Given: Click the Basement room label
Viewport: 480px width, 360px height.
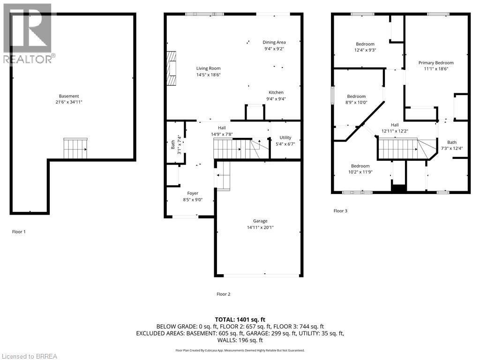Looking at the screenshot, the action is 69,96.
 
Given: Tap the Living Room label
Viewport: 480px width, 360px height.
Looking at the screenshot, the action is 209,68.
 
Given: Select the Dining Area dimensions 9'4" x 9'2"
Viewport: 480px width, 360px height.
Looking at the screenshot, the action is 274,49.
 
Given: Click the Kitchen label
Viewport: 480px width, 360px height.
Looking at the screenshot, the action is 276,92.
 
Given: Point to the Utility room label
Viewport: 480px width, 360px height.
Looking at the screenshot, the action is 285,138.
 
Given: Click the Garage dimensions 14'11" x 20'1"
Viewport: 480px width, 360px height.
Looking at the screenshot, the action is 260,227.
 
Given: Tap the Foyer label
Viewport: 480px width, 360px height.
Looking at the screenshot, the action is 193,194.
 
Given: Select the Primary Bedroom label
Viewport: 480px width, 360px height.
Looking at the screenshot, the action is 436,63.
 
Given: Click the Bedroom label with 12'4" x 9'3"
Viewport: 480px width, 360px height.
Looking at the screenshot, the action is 365,44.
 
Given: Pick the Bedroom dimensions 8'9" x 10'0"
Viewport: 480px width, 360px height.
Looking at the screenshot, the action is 356,103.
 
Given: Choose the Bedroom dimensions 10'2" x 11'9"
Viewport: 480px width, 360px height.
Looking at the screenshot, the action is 360,172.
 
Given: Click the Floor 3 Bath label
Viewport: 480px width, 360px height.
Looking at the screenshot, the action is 452,142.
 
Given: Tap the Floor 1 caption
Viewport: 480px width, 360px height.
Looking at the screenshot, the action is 19,232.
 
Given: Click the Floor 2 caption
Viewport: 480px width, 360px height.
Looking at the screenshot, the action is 224,294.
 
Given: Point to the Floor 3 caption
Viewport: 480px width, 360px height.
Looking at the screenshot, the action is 340,211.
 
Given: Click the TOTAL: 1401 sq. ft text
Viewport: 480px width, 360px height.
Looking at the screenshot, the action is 240,320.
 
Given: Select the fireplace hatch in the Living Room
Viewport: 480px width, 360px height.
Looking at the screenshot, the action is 172,68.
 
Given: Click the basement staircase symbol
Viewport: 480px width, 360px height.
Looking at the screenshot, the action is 75,149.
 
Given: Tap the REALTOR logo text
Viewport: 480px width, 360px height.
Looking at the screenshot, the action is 30,59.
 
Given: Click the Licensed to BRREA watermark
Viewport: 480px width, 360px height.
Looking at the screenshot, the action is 29,356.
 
